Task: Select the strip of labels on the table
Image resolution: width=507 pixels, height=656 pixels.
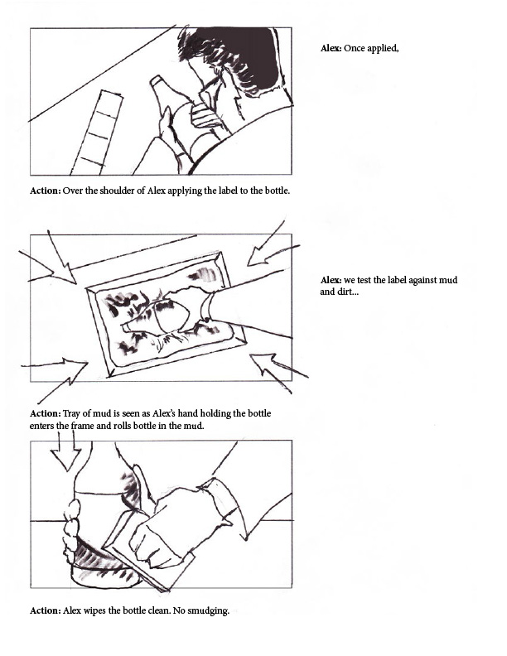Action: (x=97, y=133)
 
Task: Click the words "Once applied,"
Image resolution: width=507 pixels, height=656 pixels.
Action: (x=371, y=49)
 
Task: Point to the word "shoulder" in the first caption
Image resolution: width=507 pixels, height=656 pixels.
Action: (x=121, y=191)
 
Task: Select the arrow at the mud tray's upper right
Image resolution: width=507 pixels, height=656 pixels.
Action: (x=272, y=247)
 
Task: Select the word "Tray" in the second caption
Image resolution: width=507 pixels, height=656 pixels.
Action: (x=71, y=414)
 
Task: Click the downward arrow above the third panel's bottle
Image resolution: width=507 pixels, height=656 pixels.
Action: (x=65, y=452)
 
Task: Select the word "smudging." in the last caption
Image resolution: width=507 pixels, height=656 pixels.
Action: (x=208, y=610)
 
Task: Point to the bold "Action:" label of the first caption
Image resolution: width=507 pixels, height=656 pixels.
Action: (x=46, y=191)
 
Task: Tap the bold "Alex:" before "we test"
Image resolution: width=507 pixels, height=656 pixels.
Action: (x=331, y=280)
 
